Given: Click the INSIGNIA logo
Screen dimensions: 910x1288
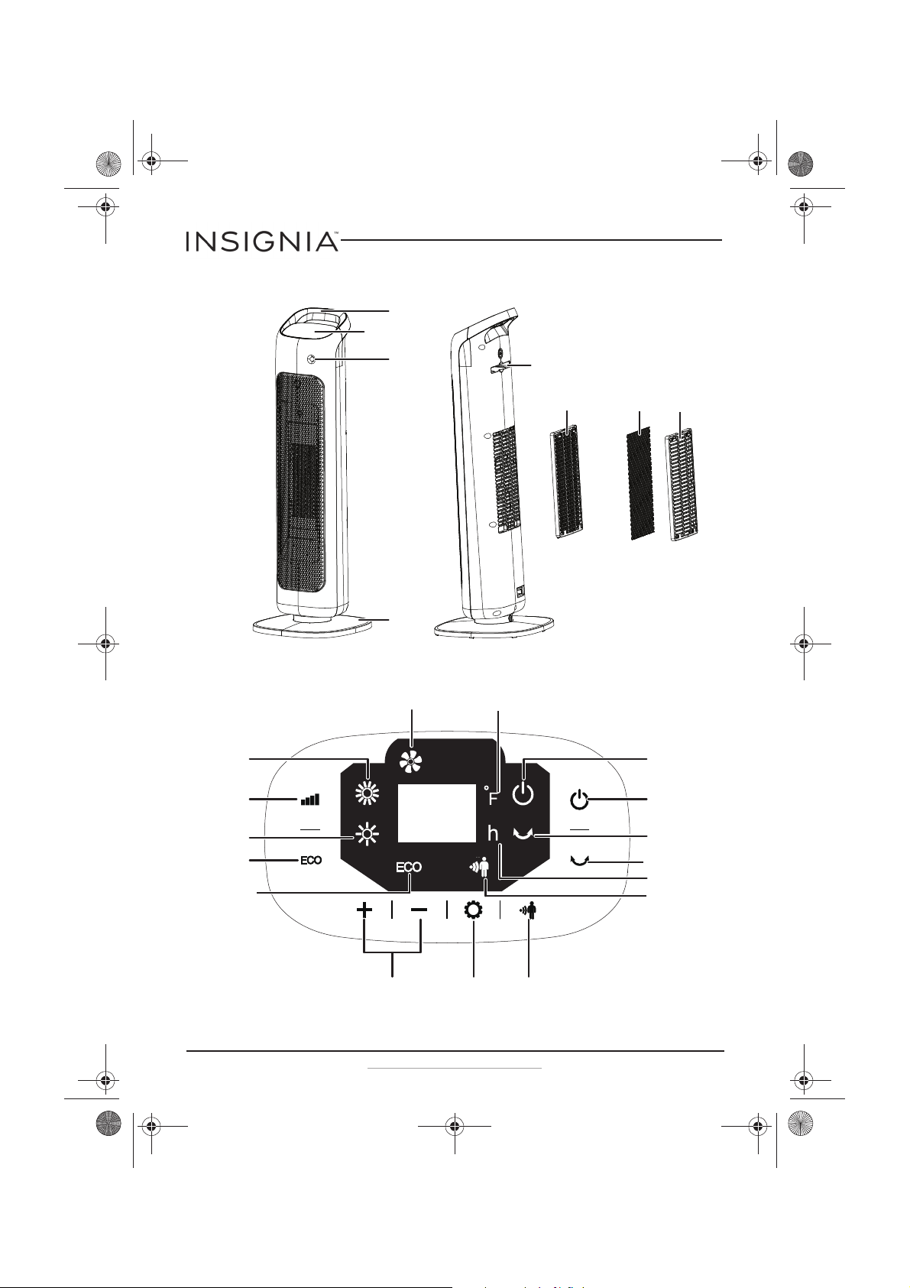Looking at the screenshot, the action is click(x=261, y=242).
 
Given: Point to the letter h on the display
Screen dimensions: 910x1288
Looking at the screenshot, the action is click(x=493, y=833).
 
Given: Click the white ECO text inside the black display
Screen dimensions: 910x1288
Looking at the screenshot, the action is click(x=408, y=867).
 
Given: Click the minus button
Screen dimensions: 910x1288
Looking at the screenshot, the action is click(x=419, y=910).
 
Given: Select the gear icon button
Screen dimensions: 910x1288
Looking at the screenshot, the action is click(x=473, y=910).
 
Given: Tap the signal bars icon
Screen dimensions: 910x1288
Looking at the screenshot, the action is click(x=310, y=800).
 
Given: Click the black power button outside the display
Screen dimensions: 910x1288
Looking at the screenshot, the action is click(x=579, y=800).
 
